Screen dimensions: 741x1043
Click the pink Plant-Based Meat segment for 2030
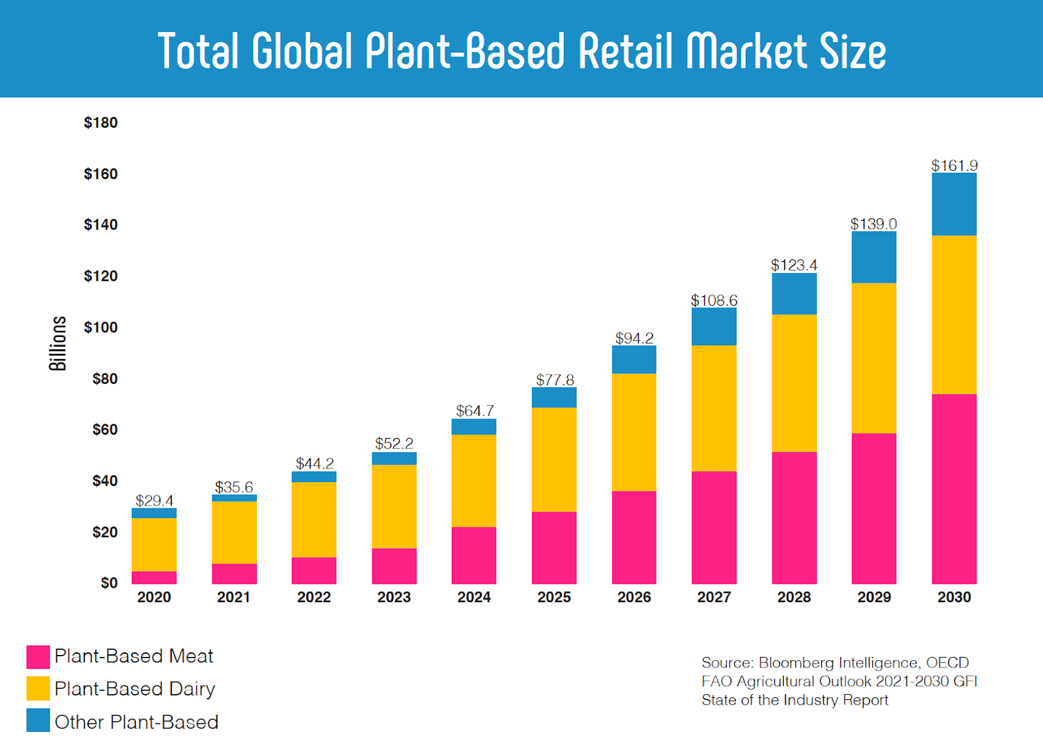[x=954, y=489]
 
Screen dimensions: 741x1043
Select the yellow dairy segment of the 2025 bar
[x=554, y=459]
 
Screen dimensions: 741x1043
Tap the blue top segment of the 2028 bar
[x=794, y=294]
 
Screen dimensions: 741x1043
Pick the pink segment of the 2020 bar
[x=154, y=577]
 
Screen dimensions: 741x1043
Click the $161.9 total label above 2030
[x=954, y=166]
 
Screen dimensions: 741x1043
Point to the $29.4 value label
[x=154, y=501]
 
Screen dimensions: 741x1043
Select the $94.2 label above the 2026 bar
[x=634, y=338]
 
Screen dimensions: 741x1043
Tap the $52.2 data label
[x=394, y=444]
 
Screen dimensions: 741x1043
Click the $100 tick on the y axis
[x=100, y=327]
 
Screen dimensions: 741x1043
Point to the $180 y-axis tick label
[x=100, y=123]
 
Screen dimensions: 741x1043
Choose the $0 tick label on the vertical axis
[x=109, y=583]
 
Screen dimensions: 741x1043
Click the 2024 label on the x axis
[x=474, y=597]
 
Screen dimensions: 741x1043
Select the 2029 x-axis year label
[x=874, y=597]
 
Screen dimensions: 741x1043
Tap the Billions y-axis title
[x=58, y=343]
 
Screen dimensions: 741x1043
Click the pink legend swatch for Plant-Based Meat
[x=38, y=657]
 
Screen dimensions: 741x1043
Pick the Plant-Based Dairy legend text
[x=135, y=689]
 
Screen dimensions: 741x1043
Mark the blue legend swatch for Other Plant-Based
[x=38, y=721]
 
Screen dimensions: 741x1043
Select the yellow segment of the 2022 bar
[x=314, y=519]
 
